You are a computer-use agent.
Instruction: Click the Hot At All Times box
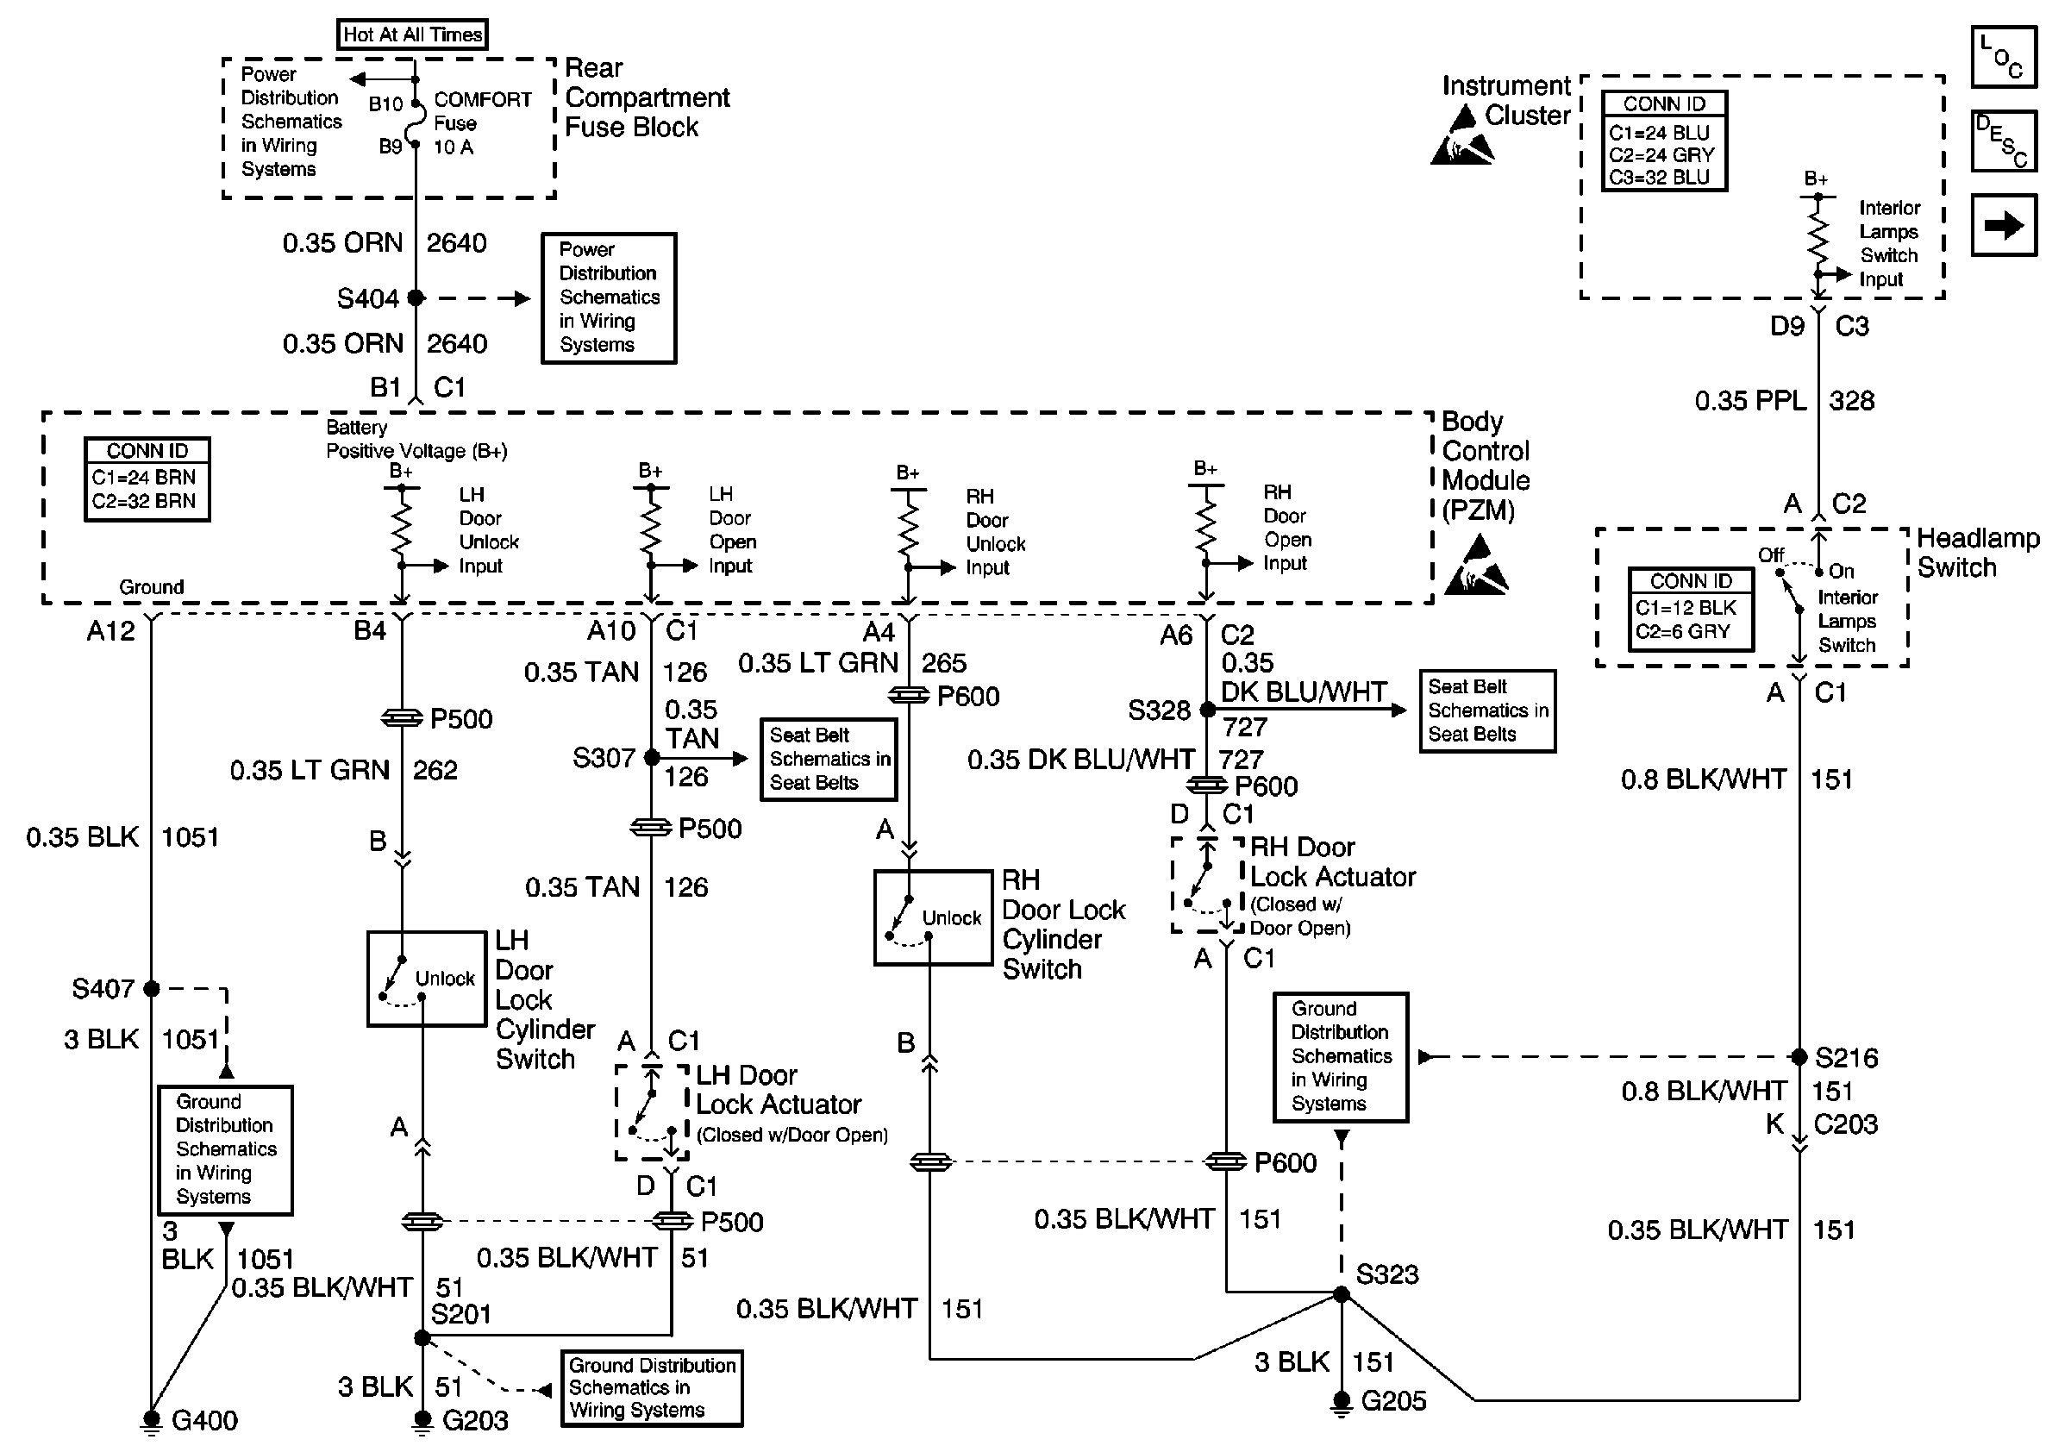coord(412,34)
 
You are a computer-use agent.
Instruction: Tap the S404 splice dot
coord(416,297)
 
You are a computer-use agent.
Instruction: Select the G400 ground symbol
coord(152,1419)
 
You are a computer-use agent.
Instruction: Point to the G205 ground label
coord(1393,1400)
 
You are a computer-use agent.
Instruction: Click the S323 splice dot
coord(1342,1295)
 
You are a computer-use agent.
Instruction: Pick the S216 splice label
coord(1847,1057)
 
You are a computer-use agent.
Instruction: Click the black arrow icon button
coord(2004,225)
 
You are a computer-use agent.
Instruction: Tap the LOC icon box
coord(2004,57)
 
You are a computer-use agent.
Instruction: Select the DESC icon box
coord(2004,141)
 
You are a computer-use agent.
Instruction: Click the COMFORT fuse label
coord(483,100)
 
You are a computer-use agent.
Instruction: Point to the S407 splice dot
coord(152,989)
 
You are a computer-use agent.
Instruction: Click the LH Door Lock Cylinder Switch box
coord(427,979)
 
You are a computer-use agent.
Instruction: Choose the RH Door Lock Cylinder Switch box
coord(934,917)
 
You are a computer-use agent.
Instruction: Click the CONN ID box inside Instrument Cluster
coord(1664,141)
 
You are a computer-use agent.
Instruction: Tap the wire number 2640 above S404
coord(456,242)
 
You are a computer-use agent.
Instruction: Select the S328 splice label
coord(1159,710)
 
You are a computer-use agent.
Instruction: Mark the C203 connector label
coord(1845,1124)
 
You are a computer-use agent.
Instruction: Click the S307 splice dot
coord(651,759)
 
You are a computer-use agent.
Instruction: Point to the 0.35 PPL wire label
coord(1750,400)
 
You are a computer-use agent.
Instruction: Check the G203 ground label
coord(475,1420)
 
